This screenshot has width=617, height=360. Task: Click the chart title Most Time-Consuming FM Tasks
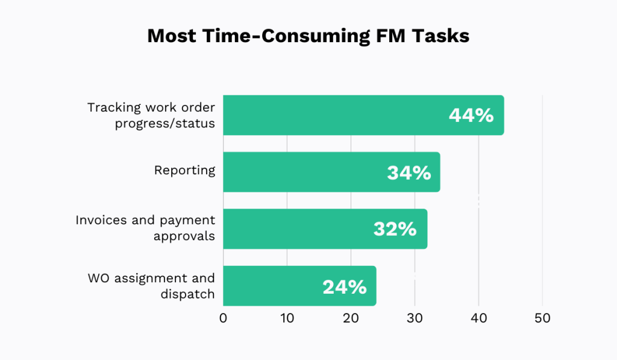pyautogui.click(x=308, y=36)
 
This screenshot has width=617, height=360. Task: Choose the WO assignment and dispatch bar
pyautogui.click(x=271, y=286)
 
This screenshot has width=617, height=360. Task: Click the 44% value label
pyautogui.click(x=471, y=115)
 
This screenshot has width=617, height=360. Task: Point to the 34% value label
pyautogui.click(x=409, y=173)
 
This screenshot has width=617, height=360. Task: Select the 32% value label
pyautogui.click(x=395, y=229)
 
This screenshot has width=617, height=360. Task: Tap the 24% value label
pyautogui.click(x=345, y=286)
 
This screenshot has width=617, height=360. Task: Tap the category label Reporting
pyautogui.click(x=184, y=170)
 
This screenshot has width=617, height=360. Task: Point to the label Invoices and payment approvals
pyautogui.click(x=145, y=228)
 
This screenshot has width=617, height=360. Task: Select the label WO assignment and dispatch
pyautogui.click(x=151, y=286)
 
